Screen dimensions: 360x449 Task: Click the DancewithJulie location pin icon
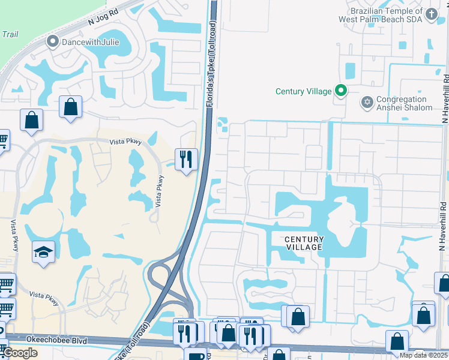pyautogui.click(x=52, y=42)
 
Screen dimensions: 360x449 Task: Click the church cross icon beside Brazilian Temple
pyautogui.click(x=431, y=14)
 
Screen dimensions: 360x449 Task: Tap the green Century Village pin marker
pyautogui.click(x=341, y=91)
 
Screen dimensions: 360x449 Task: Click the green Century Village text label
pyautogui.click(x=303, y=91)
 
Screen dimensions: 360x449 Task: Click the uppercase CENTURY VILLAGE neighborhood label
pyautogui.click(x=304, y=243)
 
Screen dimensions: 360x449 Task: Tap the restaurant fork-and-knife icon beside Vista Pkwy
pyautogui.click(x=186, y=159)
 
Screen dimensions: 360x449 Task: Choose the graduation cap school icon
pyautogui.click(x=43, y=251)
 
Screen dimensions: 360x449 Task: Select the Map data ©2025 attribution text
pyautogui.click(x=423, y=355)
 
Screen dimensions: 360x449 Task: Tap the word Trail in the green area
pyautogui.click(x=10, y=34)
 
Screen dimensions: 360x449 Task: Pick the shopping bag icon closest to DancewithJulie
pyautogui.click(x=71, y=107)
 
